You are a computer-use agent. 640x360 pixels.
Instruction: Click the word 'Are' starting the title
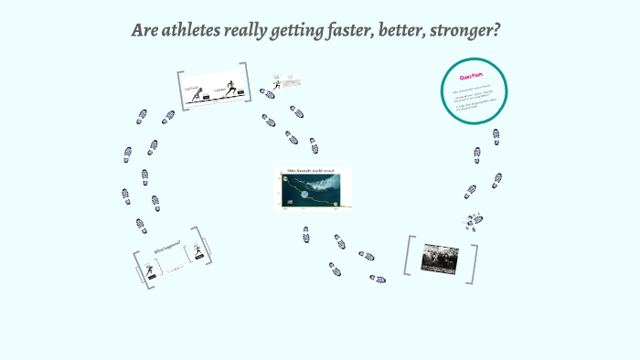pyautogui.click(x=146, y=30)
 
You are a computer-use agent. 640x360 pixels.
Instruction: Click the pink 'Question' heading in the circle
pyautogui.click(x=473, y=77)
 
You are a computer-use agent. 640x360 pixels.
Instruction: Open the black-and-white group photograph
pyautogui.click(x=440, y=258)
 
